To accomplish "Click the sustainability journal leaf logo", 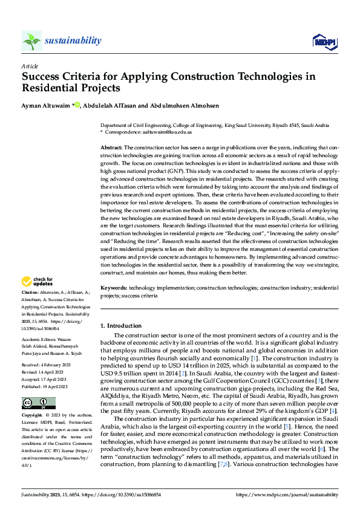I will coord(31,41).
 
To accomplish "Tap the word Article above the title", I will coord(29,65).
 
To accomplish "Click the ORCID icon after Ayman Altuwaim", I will coord(77,106).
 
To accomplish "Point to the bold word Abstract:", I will coord(111,148).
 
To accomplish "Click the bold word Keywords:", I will coord(114,290).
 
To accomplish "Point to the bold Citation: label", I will coord(31,293).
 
